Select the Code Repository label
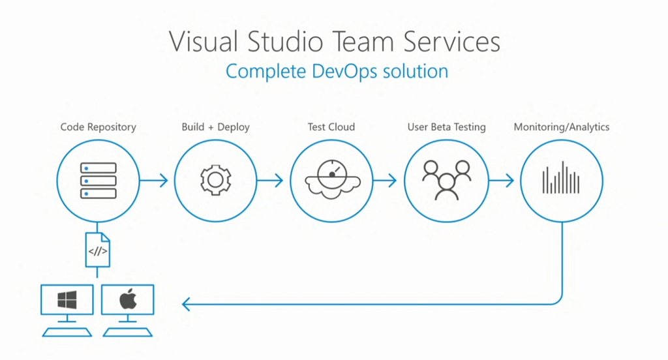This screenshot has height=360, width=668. click(99, 127)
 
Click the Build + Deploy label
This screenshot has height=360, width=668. click(215, 127)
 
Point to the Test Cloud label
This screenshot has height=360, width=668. click(331, 127)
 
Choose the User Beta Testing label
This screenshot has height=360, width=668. click(446, 127)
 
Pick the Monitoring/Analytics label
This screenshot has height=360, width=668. click(562, 127)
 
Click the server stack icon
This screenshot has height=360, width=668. click(99, 181)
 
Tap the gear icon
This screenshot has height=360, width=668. click(215, 180)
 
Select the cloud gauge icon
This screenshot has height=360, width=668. click(331, 180)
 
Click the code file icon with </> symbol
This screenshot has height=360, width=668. click(98, 250)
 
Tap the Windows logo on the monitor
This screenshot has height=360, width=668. click(67, 300)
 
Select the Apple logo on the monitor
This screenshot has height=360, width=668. click(128, 299)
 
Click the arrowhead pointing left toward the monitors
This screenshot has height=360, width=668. click(187, 304)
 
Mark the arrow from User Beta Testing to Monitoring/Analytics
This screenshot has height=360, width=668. click(501, 181)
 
